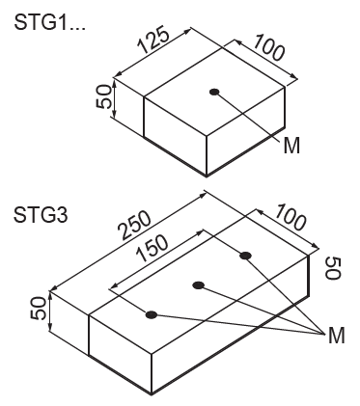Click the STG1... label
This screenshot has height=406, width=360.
(50, 22)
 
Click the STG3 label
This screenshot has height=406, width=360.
(41, 215)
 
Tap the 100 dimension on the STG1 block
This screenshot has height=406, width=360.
(269, 47)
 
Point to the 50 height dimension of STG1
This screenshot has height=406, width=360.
(104, 97)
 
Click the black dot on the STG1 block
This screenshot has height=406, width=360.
(214, 92)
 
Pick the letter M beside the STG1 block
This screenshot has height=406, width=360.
(291, 146)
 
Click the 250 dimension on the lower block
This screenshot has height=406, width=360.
(134, 226)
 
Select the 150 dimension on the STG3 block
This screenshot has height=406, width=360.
(152, 248)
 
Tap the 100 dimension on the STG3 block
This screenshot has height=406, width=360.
(290, 217)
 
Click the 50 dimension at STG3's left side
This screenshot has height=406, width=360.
(38, 308)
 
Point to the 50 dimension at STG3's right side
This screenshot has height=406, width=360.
(333, 268)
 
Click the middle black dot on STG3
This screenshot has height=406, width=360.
(199, 285)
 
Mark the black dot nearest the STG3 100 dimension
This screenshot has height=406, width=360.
(246, 256)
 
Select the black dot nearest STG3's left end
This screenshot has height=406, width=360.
(152, 314)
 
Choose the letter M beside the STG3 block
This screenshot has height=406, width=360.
(336, 336)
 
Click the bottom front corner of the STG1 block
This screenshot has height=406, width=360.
(207, 176)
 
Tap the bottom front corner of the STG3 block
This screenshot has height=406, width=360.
(152, 394)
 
